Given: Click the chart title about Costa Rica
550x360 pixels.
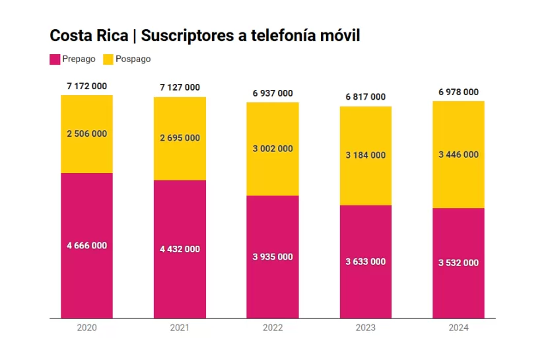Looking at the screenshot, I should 205,36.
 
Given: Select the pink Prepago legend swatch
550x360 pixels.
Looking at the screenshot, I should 55,59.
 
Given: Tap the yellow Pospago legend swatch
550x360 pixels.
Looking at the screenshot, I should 109,59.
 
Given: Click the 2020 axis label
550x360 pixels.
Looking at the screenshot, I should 86,328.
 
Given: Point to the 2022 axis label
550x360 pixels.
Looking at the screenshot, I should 273,328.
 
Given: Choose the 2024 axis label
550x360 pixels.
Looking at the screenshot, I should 458,328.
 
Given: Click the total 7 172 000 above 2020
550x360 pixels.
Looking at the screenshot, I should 86,86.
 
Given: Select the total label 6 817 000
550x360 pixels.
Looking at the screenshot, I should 365,97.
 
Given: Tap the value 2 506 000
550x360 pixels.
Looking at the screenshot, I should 86,134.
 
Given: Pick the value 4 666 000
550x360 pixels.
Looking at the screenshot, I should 86,246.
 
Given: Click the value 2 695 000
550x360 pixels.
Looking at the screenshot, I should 180,138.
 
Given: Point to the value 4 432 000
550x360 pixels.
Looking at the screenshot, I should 180,250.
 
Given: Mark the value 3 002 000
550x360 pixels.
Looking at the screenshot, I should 273,149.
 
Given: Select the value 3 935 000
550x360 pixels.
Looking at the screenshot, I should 273,257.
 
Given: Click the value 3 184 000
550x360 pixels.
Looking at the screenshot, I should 365,155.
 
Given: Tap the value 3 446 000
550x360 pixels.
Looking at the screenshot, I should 458,155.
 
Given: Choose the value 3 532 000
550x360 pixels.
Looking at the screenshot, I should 458,263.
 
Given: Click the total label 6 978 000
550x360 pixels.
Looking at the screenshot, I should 458,92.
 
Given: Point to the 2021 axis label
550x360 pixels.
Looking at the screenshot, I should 180,328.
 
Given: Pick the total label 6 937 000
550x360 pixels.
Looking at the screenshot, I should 273,94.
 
